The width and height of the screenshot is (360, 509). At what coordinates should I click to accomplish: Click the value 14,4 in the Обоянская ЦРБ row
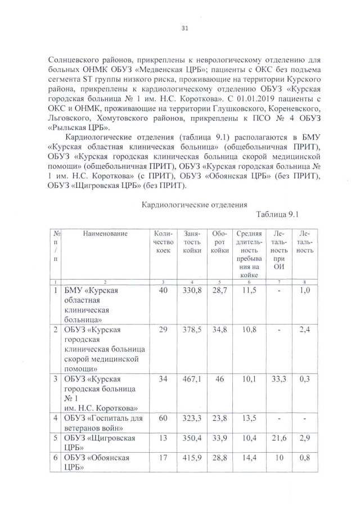click(249, 458)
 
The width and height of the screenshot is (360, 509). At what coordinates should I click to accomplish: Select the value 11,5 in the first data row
click(249, 290)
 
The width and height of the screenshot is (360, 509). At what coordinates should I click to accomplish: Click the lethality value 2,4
click(304, 329)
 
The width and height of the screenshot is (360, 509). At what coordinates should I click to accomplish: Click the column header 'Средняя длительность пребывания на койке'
click(249, 254)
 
